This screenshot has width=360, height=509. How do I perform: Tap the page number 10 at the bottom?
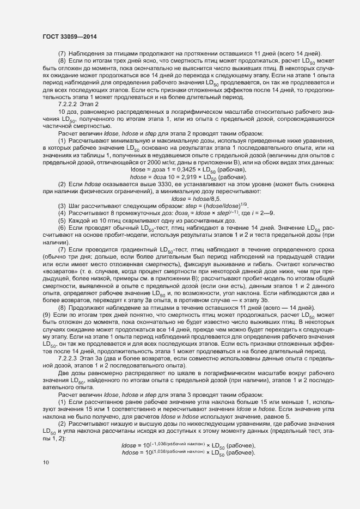click(46, 462)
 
